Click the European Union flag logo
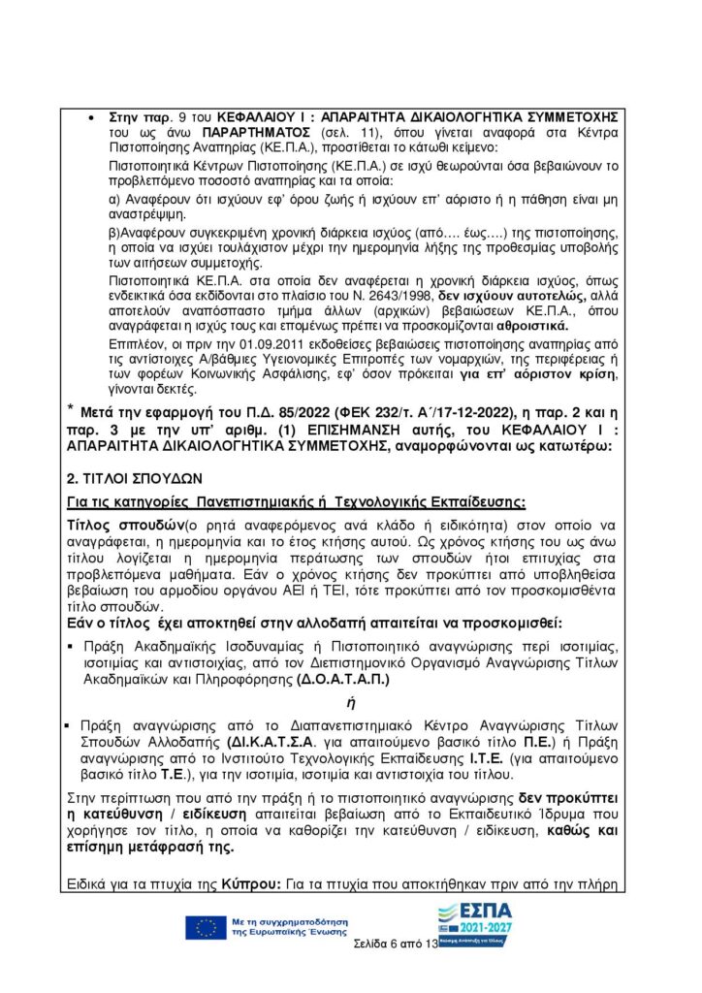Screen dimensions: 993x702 coord(206,927)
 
